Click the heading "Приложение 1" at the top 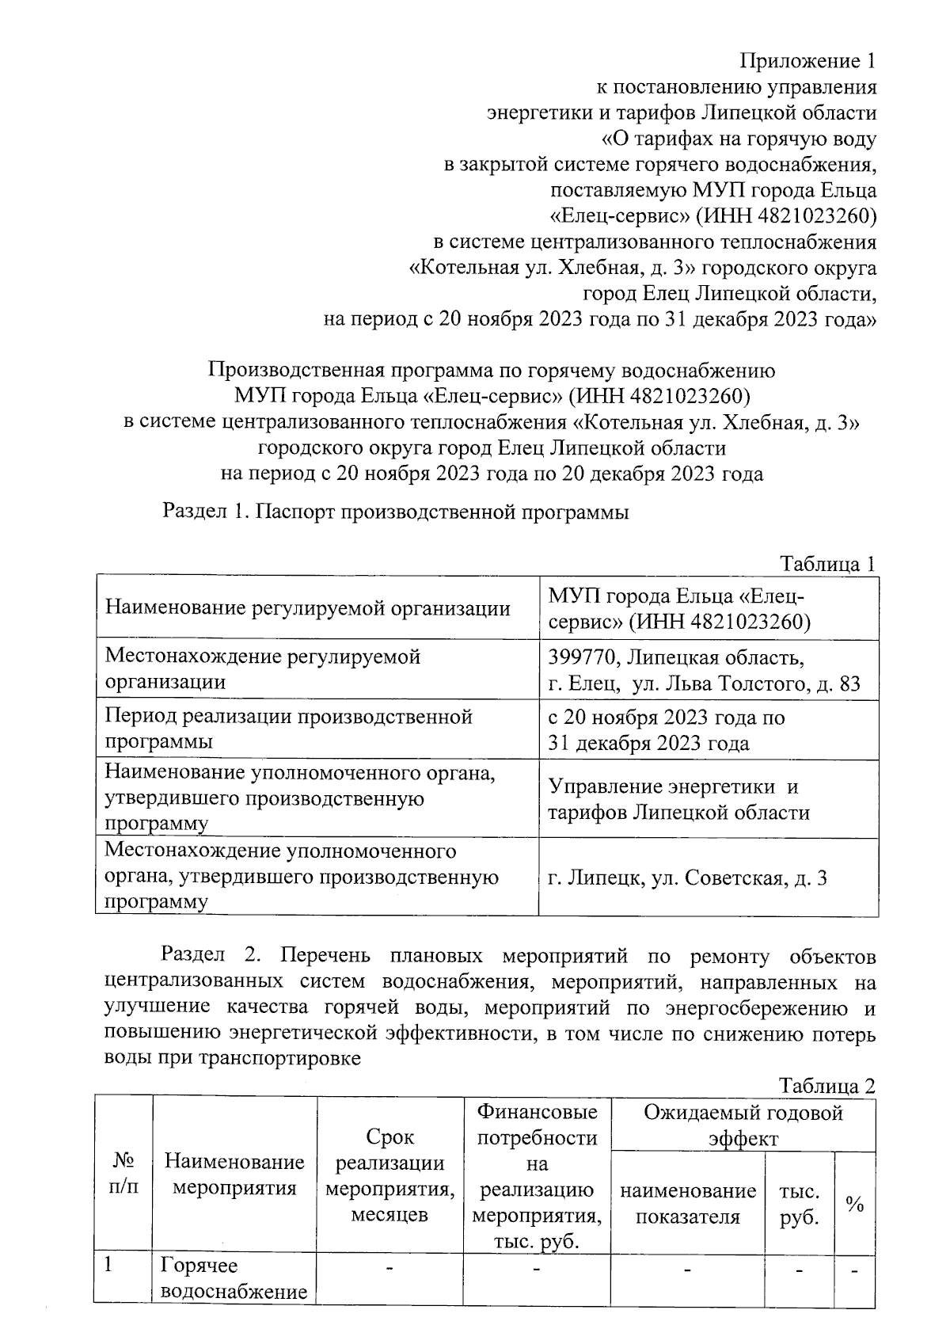tap(808, 61)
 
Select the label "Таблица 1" tap(827, 564)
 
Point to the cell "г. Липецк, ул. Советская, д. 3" tap(687, 878)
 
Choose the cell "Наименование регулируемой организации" tap(307, 608)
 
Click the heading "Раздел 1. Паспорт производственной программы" tap(395, 512)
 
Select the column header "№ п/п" tap(123, 1174)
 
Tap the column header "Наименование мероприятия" tap(234, 1175)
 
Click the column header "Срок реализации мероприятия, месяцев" tap(390, 1175)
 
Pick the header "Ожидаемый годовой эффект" tap(743, 1125)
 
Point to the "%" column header tap(854, 1205)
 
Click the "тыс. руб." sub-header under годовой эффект tap(799, 1204)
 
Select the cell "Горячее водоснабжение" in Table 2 tap(234, 1278)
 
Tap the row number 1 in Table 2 tap(110, 1266)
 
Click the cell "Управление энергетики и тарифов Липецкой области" tap(678, 799)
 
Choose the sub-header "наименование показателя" tap(687, 1204)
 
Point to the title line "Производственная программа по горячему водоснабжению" tap(491, 370)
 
